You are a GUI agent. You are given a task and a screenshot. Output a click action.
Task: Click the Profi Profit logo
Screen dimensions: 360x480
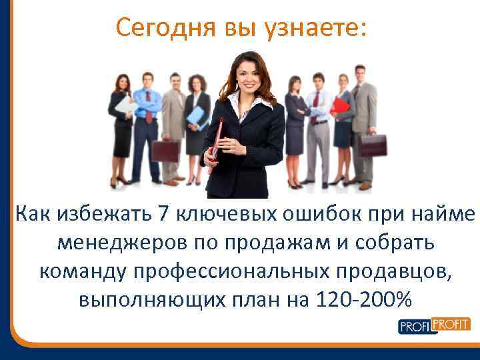[434, 325]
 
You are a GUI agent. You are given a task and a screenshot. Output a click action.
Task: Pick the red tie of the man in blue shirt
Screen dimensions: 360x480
[148, 107]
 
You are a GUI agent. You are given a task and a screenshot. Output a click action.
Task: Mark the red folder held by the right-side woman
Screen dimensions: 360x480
[341, 105]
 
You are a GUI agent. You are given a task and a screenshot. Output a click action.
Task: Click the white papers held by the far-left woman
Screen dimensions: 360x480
[124, 105]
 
